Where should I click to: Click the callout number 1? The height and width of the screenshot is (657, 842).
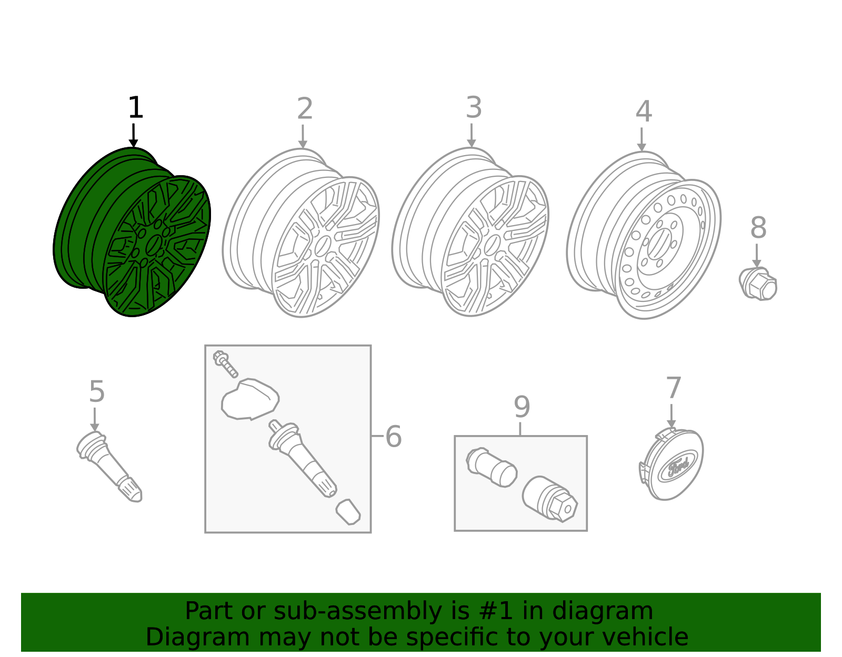136,107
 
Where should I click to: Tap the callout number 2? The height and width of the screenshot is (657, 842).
305,108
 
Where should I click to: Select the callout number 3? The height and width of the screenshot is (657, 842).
474,107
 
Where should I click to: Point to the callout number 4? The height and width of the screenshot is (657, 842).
644,112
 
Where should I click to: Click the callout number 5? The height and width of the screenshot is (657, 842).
97,391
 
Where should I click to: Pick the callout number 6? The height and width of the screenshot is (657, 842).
394,436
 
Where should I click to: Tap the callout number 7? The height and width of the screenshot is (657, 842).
674,388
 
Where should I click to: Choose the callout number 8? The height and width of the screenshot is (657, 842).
758,228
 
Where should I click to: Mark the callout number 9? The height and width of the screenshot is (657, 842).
522,407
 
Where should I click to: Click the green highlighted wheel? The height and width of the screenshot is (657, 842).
132,233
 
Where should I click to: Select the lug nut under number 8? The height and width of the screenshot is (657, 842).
758,284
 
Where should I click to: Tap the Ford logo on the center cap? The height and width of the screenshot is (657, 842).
678,467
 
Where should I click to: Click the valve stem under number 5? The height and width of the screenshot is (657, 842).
109,466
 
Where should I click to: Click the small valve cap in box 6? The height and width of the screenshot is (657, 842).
348,512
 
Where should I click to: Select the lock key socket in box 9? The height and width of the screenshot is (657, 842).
550,499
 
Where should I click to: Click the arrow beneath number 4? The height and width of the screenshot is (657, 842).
641,139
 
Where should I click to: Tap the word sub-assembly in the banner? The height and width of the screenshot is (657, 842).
358,611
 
